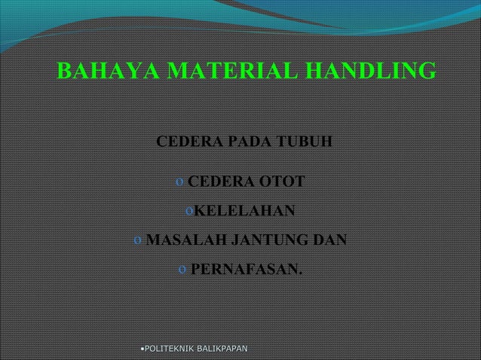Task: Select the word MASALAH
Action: pyautogui.click(x=182, y=240)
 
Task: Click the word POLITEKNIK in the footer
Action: pyautogui.click(x=170, y=349)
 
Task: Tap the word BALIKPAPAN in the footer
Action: pyautogui.click(x=225, y=349)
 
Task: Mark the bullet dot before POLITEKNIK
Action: pyautogui.click(x=142, y=349)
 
